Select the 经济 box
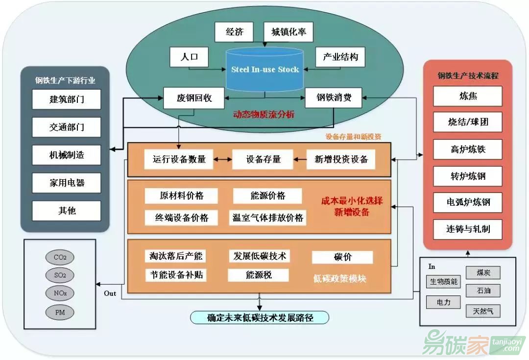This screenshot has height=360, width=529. pos(234,33)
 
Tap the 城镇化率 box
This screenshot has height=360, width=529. pos(289,33)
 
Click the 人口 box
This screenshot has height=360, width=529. pos(190,57)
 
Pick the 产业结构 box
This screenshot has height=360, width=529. pos(340,57)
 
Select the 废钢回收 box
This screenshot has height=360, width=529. pos(194,98)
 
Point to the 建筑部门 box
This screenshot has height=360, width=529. pos(67,99)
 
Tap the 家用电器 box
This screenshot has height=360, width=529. pos(67,183)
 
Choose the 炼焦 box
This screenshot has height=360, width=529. pos(468,96)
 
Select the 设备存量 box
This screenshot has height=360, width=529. pos(263,159)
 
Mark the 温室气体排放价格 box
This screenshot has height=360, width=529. pos(267,217)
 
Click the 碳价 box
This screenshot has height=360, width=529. pos(342,257)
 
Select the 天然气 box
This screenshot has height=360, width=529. pos(483,310)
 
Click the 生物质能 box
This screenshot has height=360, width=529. pos(443,282)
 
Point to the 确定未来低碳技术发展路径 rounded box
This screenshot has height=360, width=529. pos(260,317)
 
